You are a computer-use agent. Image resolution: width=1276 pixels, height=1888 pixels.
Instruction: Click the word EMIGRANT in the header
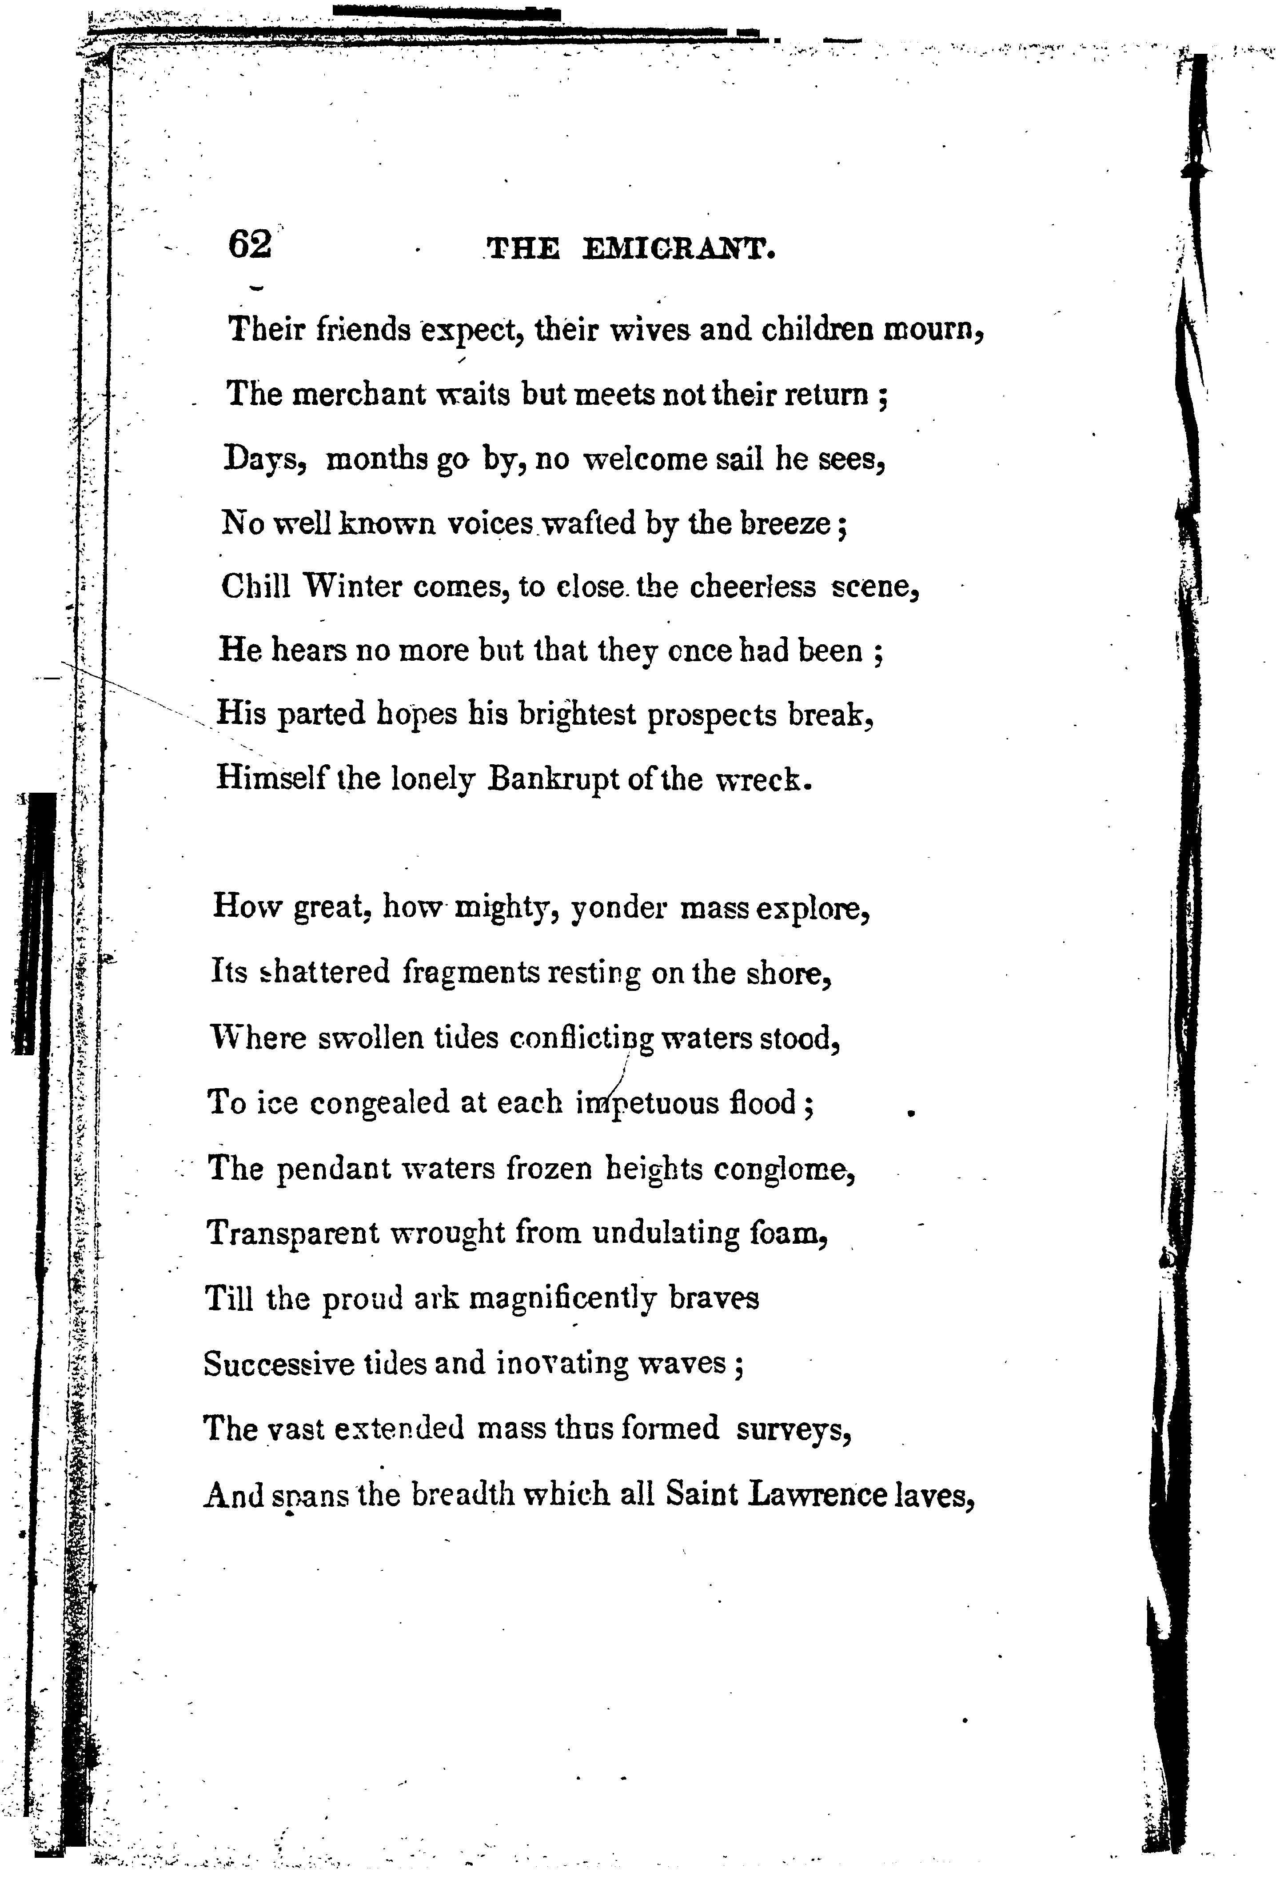678,248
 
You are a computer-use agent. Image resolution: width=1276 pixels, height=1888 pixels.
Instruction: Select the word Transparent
292,1233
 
